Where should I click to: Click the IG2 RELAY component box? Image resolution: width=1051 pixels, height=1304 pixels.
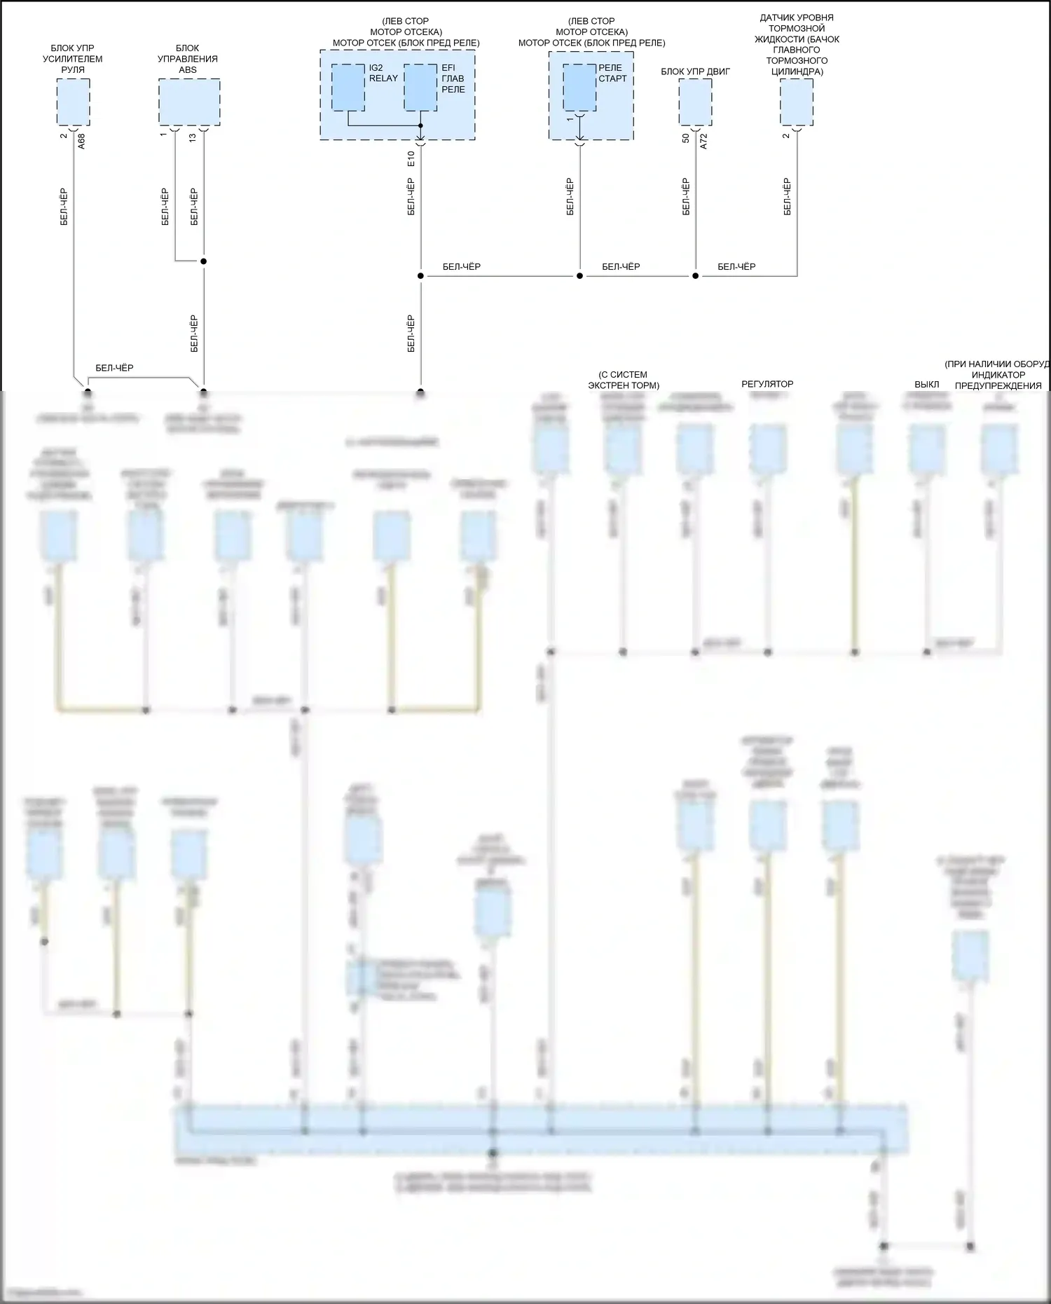(x=348, y=88)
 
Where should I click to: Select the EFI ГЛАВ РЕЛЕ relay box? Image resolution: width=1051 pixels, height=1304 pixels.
(x=420, y=88)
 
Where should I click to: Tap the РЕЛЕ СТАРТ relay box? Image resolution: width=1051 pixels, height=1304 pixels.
(x=579, y=88)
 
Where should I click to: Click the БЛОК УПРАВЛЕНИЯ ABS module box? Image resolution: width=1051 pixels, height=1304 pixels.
(x=189, y=102)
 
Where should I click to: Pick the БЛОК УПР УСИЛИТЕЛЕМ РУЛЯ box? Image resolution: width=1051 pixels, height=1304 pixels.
(x=73, y=102)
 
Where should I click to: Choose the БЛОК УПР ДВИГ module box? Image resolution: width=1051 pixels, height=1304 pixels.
(x=695, y=102)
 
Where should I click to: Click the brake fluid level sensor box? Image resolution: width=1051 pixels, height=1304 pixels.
(x=797, y=102)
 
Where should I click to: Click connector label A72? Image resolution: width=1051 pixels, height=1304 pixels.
(x=703, y=141)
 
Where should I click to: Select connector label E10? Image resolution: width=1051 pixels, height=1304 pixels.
(x=411, y=158)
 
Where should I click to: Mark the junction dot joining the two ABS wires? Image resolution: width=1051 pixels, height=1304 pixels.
(x=204, y=261)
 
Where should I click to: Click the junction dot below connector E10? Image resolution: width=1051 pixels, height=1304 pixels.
(x=420, y=276)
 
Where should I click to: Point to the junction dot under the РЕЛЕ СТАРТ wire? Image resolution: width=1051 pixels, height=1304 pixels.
(x=579, y=276)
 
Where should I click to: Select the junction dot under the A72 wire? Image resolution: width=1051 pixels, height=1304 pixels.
(x=695, y=276)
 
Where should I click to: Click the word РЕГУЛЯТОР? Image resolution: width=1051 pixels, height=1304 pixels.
(x=767, y=384)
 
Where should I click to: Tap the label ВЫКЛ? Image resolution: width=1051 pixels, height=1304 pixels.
(x=926, y=385)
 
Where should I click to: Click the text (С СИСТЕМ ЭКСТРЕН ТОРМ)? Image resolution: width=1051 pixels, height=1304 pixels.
(x=624, y=380)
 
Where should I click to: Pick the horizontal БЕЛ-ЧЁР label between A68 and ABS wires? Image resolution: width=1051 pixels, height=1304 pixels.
(x=114, y=368)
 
